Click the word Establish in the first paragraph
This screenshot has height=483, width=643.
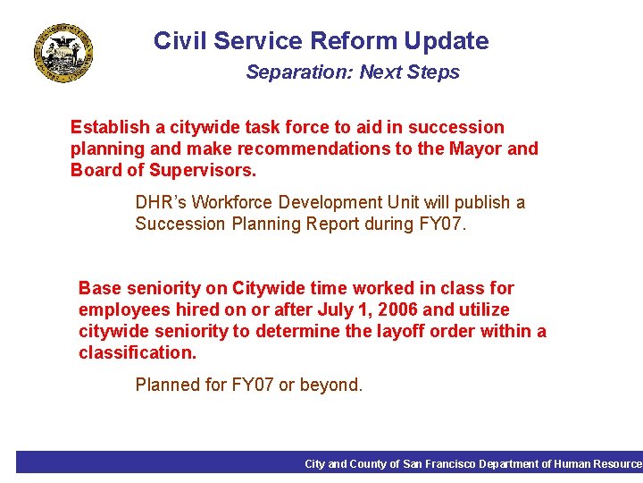106,127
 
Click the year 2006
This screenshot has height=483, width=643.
397,309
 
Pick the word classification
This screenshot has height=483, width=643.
137,352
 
